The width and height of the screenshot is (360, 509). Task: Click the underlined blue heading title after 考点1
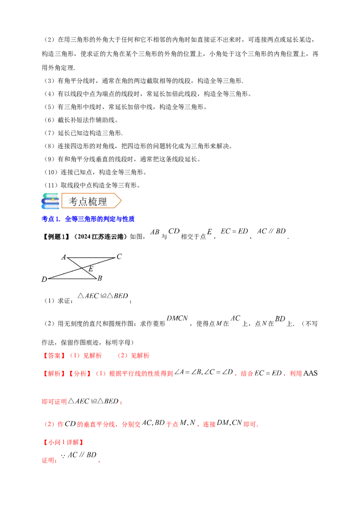(x=100, y=219)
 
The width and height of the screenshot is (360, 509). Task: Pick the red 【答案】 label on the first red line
(x=52, y=356)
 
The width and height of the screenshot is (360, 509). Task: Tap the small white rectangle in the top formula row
(x=209, y=232)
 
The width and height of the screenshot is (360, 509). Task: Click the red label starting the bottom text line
(x=49, y=460)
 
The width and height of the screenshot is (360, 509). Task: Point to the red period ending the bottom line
(x=99, y=461)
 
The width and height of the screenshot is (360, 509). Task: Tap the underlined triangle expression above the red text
(x=102, y=295)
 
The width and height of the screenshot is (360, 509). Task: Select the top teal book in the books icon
(x=50, y=195)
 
